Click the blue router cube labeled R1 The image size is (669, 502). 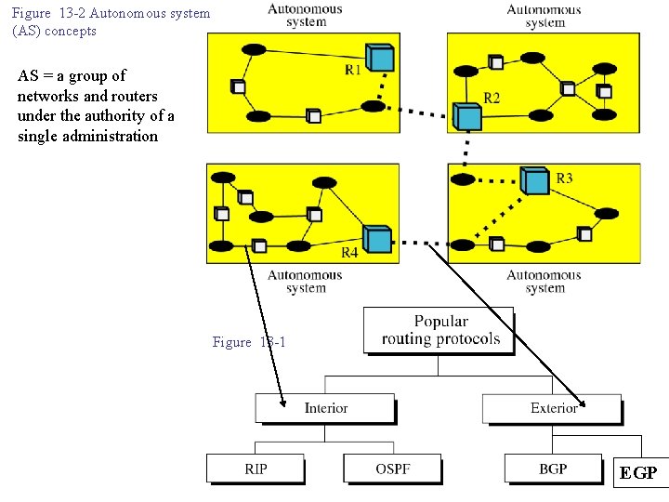point(379,58)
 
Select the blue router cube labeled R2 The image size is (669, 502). point(467,116)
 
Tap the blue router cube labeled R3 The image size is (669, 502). point(534,179)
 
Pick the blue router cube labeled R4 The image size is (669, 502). point(376,239)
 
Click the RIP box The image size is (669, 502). point(255,469)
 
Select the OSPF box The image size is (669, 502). point(392,469)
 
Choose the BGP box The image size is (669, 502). point(552,469)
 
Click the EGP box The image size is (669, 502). point(638,473)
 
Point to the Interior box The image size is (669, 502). point(325,408)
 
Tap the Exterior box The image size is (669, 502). point(552,408)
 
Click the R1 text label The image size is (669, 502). point(352,69)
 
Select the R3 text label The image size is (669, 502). point(564,178)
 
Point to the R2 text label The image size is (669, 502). point(492,98)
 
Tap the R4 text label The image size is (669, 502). point(349,253)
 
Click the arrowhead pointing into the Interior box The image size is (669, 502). point(282,400)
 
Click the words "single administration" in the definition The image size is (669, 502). point(87,136)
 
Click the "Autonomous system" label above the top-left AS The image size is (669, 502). point(305,15)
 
